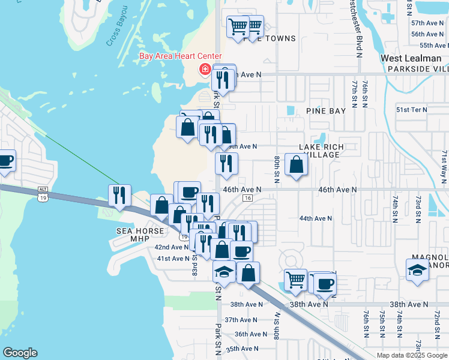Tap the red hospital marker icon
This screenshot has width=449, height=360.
tap(205, 70)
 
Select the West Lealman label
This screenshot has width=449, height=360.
tap(411, 58)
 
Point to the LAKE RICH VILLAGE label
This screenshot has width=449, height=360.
tap(319, 151)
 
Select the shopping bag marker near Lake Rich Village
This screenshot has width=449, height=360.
tap(297, 164)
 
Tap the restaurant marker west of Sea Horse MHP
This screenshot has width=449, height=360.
tap(119, 196)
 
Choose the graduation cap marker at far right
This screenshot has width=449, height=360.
tap(417, 271)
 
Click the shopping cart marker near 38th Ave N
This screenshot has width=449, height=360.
tap(295, 280)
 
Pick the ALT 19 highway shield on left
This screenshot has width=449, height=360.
tap(41, 193)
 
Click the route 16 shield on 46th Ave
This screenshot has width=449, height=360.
tap(247, 198)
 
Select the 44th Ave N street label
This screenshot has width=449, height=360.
tap(315, 218)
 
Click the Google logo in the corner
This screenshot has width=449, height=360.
tap(20, 353)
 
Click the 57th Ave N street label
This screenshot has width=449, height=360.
tap(427, 22)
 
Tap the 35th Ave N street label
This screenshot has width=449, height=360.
tap(241, 349)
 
